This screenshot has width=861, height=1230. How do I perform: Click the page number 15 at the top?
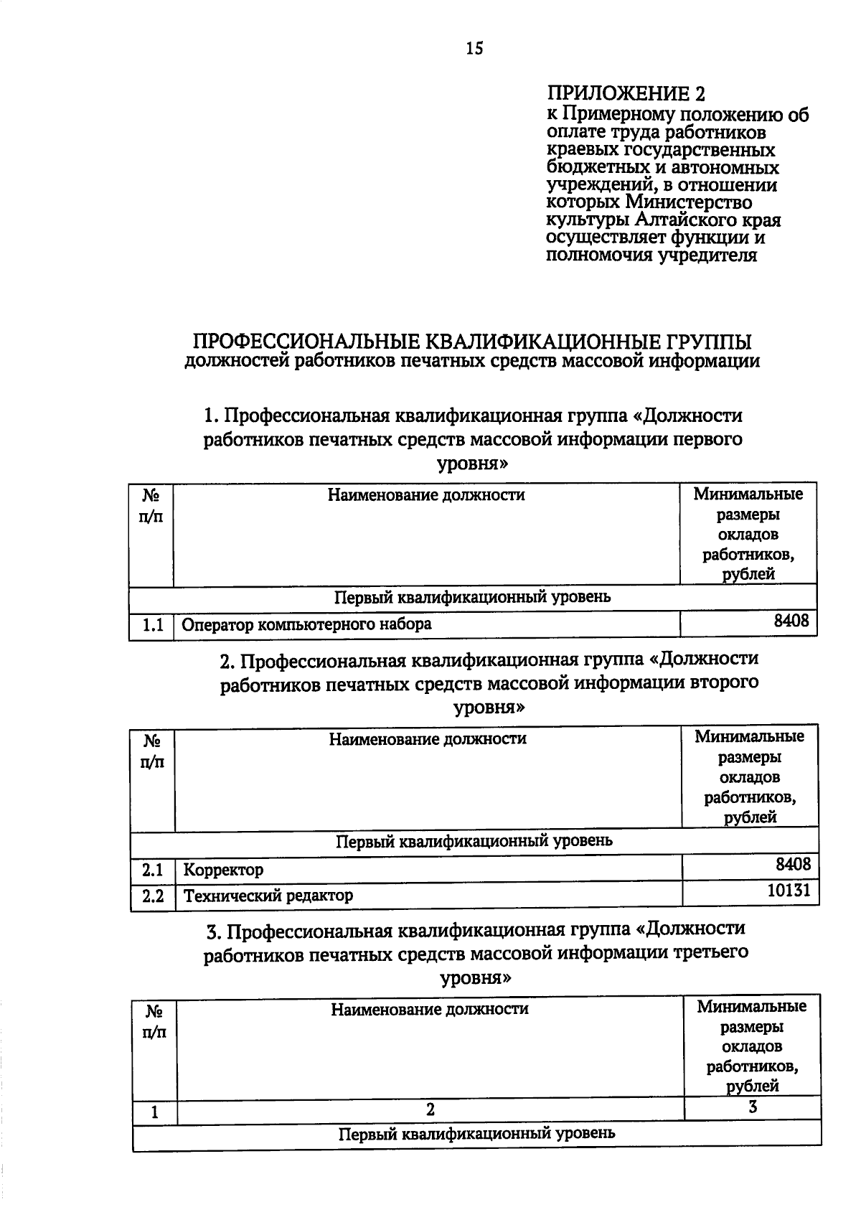pyautogui.click(x=475, y=48)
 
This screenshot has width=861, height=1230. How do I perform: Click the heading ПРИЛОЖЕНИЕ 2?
pyautogui.click(x=626, y=94)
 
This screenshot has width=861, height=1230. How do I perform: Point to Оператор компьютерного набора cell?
pyautogui.click(x=306, y=624)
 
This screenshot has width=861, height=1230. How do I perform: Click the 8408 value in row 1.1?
pyautogui.click(x=791, y=621)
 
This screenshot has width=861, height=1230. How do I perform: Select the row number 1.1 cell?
pyautogui.click(x=152, y=626)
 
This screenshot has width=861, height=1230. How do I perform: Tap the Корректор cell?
pyautogui.click(x=223, y=870)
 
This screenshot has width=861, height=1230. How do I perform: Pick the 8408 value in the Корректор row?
pyautogui.click(x=793, y=864)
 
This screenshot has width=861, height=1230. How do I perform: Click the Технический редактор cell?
pyautogui.click(x=268, y=896)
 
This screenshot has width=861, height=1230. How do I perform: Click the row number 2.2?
pyautogui.click(x=153, y=896)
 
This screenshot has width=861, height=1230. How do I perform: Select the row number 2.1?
pyautogui.click(x=153, y=870)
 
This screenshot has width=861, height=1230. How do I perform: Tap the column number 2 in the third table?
pyautogui.click(x=430, y=1110)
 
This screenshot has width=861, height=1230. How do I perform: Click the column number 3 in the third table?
pyautogui.click(x=753, y=1107)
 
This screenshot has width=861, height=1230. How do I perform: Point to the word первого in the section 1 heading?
pyautogui.click(x=707, y=439)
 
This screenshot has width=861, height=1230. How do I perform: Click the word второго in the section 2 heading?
pyautogui.click(x=724, y=682)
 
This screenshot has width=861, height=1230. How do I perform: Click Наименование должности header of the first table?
pyautogui.click(x=426, y=495)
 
